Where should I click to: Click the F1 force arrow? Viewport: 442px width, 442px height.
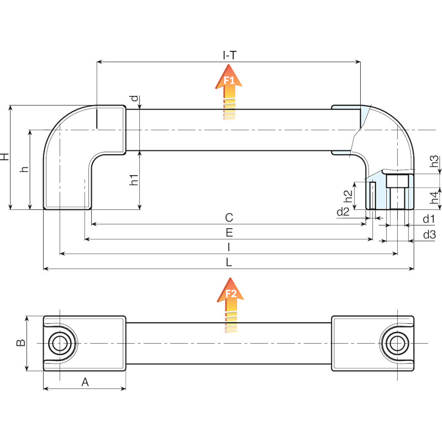click(x=229, y=91)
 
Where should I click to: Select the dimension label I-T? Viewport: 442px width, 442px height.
click(x=229, y=55)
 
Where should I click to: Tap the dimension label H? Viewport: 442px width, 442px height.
click(x=5, y=157)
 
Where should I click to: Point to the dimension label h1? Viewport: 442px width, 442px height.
click(x=133, y=180)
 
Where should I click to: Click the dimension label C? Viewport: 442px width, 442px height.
click(x=229, y=217)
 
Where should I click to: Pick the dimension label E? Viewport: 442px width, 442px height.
click(x=229, y=233)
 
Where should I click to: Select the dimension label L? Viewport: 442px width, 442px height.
click(x=229, y=262)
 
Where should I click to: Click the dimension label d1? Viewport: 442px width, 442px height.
click(x=429, y=219)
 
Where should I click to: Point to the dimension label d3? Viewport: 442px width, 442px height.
click(x=429, y=235)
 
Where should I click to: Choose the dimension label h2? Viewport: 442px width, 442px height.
click(x=348, y=196)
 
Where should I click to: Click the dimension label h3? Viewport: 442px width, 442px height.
click(x=435, y=162)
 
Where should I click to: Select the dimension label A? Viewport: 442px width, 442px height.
click(x=85, y=382)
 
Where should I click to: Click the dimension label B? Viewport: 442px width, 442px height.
click(x=20, y=343)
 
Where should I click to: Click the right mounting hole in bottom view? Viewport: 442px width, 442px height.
click(x=396, y=343)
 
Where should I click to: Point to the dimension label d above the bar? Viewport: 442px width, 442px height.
click(x=133, y=99)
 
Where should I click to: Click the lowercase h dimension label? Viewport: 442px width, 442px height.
click(x=24, y=169)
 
